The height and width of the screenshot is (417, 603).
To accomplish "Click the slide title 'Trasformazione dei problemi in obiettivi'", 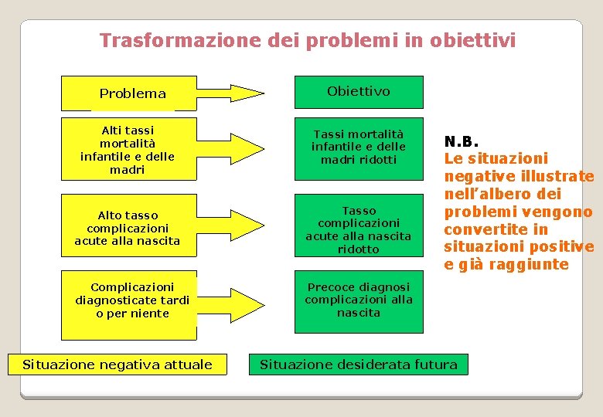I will click(307, 40).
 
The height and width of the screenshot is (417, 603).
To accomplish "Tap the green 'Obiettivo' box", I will click(358, 91).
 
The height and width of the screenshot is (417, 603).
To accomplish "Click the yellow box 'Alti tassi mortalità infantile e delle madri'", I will click(128, 150).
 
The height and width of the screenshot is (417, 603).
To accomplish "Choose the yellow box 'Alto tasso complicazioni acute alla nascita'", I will click(128, 228).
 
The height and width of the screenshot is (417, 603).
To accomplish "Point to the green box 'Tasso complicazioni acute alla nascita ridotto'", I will click(358, 229).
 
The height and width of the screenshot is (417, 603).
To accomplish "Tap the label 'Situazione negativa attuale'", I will click(118, 364).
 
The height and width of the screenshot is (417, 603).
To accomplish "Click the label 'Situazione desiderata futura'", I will click(359, 364).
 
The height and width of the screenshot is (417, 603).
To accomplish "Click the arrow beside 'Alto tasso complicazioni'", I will click(230, 225).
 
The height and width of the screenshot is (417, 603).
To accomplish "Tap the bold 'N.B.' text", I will click(462, 141).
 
